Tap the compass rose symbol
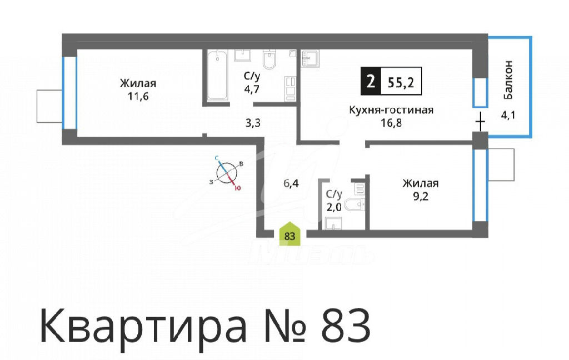tap(227, 172)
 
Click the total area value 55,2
tap(401, 83)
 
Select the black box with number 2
tap(370, 81)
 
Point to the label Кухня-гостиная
tap(391, 109)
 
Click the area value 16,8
tap(391, 123)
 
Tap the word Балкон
tap(508, 80)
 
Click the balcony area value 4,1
tap(508, 116)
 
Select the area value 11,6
tap(138, 97)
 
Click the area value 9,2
tap(420, 196)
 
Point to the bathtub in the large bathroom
tap(217, 75)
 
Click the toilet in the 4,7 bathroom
tap(269, 59)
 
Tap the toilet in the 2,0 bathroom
tap(354, 205)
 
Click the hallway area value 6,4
tap(291, 183)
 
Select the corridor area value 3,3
tap(253, 123)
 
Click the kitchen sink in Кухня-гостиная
tap(310, 58)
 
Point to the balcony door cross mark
tap(480, 122)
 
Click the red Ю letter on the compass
tap(238, 188)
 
